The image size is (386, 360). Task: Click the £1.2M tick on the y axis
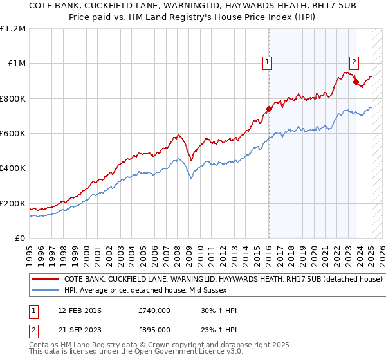click(14, 29)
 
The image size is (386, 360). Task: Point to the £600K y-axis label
click(13, 134)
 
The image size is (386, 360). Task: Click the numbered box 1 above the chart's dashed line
click(267, 62)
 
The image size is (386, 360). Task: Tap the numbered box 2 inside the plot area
click(354, 62)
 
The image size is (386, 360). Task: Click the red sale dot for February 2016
click(270, 109)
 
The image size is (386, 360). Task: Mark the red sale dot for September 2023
click(356, 82)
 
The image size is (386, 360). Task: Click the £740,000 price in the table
click(154, 310)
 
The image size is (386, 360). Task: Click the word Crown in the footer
click(141, 344)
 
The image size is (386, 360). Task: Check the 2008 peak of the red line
click(178, 134)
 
